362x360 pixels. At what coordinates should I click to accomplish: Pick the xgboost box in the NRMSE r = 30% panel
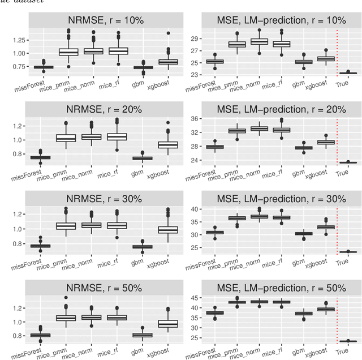click(x=167, y=229)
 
